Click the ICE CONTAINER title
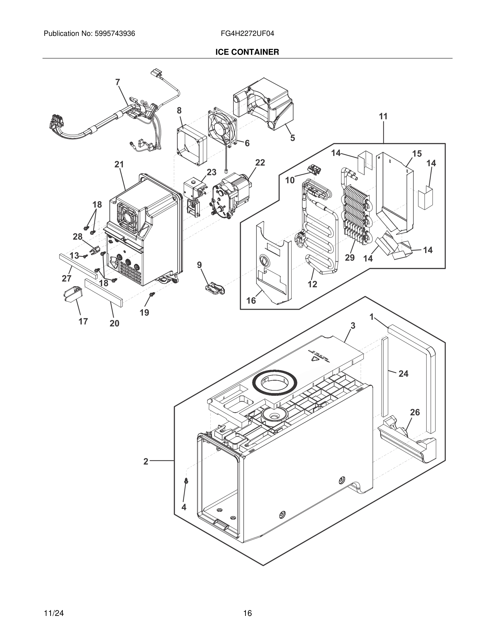[247, 52]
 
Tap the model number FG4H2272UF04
[247, 34]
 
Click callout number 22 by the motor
[260, 163]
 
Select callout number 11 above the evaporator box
[383, 117]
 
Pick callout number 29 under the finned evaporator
[350, 257]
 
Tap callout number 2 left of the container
[146, 462]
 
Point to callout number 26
[415, 412]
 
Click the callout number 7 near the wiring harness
[118, 83]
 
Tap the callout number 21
[119, 165]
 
